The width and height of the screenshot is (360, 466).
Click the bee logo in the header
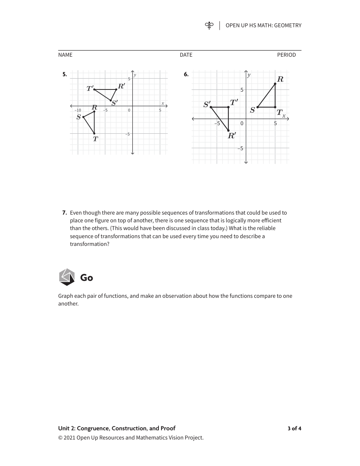pyautogui.click(x=209, y=25)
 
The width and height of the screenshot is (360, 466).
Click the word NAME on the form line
pyautogui.click(x=65, y=55)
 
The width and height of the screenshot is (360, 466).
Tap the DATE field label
pyautogui.click(x=186, y=55)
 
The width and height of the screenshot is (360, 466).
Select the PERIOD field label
pyautogui.click(x=286, y=55)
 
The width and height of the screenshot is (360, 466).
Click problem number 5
pyautogui.click(x=65, y=74)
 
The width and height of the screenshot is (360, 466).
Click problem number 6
pyautogui.click(x=186, y=74)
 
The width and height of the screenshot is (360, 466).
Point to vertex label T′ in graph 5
pyautogui.click(x=90, y=88)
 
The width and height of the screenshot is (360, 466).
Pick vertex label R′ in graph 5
pyautogui.click(x=121, y=87)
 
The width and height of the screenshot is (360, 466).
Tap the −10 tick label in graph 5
pyautogui.click(x=78, y=110)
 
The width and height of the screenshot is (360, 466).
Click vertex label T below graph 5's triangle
pyautogui.click(x=96, y=139)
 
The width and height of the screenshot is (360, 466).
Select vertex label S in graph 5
pyautogui.click(x=79, y=117)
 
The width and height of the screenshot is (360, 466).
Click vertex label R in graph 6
pyautogui.click(x=280, y=79)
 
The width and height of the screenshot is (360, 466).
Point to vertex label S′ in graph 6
pyautogui.click(x=207, y=104)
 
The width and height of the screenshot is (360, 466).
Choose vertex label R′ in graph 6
pyautogui.click(x=232, y=135)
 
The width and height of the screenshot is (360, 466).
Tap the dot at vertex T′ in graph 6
pyautogui.click(x=228, y=107)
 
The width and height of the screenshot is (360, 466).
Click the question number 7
pyautogui.click(x=64, y=213)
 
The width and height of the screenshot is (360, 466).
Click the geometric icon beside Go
pyautogui.click(x=67, y=277)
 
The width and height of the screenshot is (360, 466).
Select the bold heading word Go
pyautogui.click(x=86, y=278)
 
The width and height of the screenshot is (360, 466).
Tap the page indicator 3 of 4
pyautogui.click(x=294, y=428)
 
